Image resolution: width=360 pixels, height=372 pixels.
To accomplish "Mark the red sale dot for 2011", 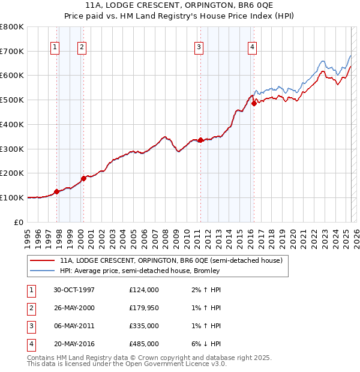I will (200, 140).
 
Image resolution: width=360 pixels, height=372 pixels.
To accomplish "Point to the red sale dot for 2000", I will (83, 178).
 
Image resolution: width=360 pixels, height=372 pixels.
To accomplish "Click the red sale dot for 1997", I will (57, 192).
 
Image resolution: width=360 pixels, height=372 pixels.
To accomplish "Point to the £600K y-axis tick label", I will (12, 76).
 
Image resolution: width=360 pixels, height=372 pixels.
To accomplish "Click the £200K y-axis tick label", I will (12, 173).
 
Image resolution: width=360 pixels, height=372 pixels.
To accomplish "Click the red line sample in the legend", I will (42, 260).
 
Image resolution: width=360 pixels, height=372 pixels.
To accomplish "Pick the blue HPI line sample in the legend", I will (42, 271).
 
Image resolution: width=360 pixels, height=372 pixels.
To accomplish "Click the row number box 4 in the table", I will (31, 344).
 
